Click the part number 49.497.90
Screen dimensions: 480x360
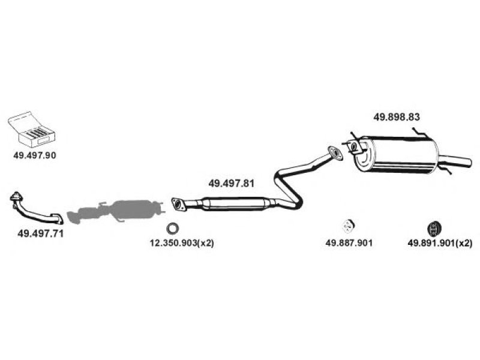35,155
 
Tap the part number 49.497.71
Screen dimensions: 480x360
40,233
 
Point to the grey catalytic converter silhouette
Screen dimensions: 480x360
116,211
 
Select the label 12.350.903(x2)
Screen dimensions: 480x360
182,244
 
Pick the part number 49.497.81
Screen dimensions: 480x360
232,184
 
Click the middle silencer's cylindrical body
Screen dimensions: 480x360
233,204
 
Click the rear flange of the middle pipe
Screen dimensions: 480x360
335,153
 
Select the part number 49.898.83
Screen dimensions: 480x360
397,117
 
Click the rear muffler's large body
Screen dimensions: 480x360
398,155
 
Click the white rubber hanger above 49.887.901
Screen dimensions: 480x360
348,226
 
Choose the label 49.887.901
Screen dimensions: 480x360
349,243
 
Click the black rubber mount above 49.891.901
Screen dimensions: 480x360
433,228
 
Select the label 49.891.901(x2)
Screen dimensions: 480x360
440,244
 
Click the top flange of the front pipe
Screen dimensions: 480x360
16,197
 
